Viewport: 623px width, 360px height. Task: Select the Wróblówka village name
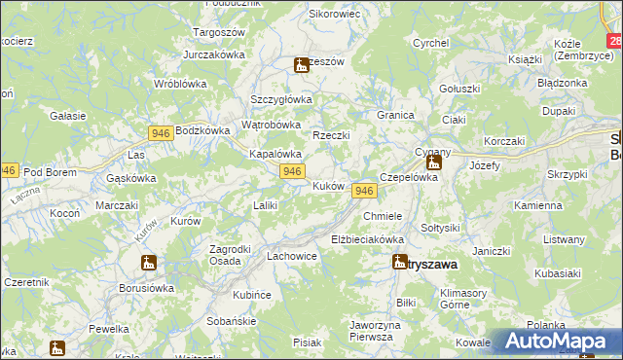click(x=182, y=83)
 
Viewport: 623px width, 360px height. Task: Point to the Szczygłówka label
click(x=280, y=98)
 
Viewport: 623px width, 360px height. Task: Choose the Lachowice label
click(x=291, y=256)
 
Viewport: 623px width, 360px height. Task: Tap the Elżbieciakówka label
click(x=367, y=238)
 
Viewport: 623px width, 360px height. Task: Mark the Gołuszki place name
click(x=459, y=89)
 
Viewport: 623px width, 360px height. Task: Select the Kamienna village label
click(x=538, y=206)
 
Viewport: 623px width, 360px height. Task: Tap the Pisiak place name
click(x=307, y=342)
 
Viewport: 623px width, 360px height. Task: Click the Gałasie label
click(x=67, y=115)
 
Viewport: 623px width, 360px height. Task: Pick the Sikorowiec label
click(x=335, y=14)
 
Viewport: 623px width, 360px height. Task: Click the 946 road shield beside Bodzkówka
click(x=162, y=131)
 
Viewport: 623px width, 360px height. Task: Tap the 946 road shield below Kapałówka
click(x=290, y=171)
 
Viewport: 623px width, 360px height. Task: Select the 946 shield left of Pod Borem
click(x=8, y=169)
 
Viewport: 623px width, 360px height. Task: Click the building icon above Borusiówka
click(x=148, y=263)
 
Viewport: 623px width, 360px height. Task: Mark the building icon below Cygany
click(x=433, y=162)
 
